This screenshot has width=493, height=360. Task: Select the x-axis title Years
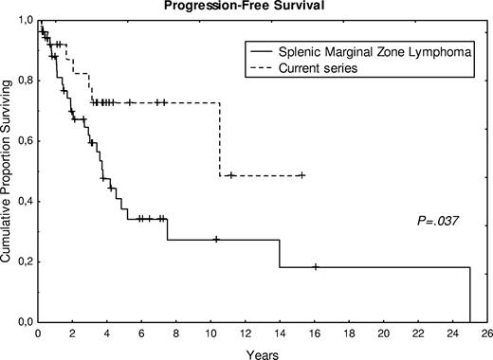point(262,352)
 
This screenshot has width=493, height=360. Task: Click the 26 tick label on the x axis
point(486,333)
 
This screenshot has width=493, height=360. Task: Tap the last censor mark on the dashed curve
point(301,175)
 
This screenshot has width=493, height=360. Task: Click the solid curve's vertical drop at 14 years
point(280,253)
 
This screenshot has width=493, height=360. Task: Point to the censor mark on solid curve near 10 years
point(216,240)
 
